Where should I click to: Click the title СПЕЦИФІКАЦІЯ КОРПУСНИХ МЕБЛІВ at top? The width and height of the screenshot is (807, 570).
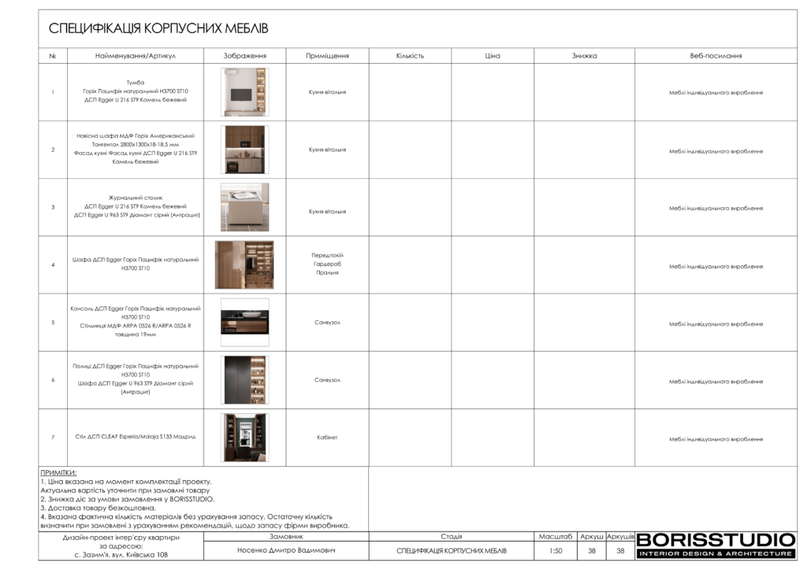point(158,29)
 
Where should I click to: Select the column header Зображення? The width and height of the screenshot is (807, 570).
point(244,56)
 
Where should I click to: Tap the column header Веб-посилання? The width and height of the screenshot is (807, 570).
point(716,56)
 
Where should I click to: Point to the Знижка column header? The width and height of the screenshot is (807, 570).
point(584,56)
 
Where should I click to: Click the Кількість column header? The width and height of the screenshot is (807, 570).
point(410,56)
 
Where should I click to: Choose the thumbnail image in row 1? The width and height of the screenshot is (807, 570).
point(244,92)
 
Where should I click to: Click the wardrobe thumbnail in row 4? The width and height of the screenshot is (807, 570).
point(244,265)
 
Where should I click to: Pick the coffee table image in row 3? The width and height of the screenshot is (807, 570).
point(244,207)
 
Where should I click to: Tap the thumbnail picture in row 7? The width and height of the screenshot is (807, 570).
point(244,438)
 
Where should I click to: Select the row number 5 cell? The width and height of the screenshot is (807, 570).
point(53,323)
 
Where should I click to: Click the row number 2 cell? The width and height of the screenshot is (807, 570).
point(53,150)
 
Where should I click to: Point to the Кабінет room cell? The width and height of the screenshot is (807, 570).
point(327,438)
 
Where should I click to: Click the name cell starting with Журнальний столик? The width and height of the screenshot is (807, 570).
point(136,207)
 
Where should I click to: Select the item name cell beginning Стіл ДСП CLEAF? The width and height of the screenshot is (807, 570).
point(136,437)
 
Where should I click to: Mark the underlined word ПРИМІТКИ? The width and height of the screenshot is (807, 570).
point(58,472)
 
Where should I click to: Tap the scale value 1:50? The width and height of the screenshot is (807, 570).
point(556,551)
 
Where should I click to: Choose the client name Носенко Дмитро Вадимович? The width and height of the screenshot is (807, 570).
point(286,550)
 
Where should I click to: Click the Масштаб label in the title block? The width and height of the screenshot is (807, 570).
point(556,536)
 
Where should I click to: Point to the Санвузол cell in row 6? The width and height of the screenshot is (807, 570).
point(327,380)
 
